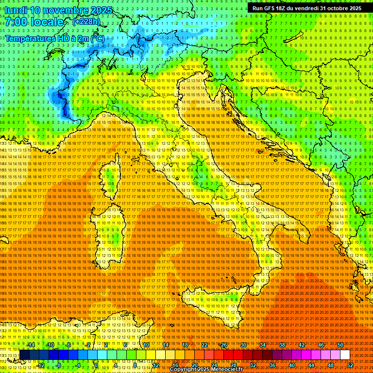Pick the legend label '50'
point(340,345)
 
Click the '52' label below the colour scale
point(350,365)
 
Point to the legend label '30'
point(243,345)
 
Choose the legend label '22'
point(204,345)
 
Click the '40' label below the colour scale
point(291,365)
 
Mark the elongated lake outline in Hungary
point(293,37)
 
